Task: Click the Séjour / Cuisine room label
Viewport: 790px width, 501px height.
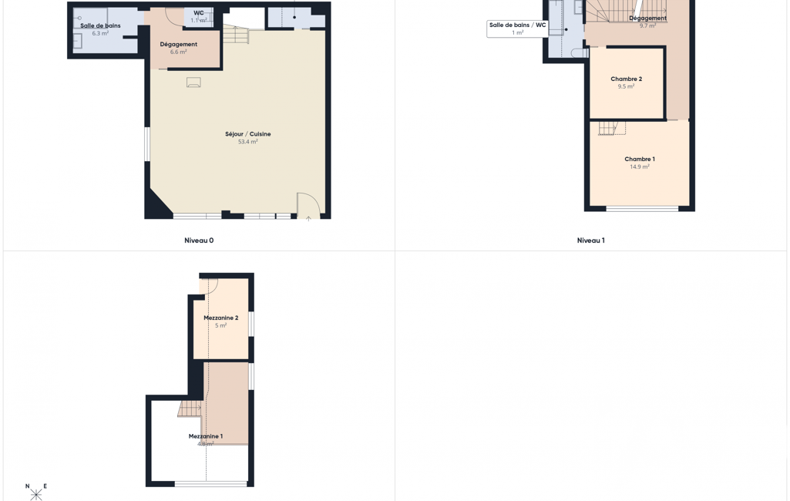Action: pyautogui.click(x=248, y=134)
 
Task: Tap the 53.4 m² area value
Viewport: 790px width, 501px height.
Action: pyautogui.click(x=248, y=142)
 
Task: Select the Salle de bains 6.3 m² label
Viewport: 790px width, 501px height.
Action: pyautogui.click(x=100, y=29)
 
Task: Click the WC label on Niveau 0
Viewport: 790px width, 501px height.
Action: pyautogui.click(x=199, y=13)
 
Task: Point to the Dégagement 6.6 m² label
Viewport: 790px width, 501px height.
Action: pyautogui.click(x=178, y=48)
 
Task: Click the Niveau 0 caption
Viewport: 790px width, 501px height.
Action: pyautogui.click(x=199, y=240)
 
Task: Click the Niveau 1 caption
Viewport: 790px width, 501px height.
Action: pyautogui.click(x=591, y=240)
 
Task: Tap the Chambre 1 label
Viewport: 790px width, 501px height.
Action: pyautogui.click(x=640, y=160)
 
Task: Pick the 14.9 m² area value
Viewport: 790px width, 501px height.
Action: pyautogui.click(x=640, y=166)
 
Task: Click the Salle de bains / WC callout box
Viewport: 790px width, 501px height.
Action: pyautogui.click(x=517, y=29)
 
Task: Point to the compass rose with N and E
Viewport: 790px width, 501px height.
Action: pyautogui.click(x=35, y=492)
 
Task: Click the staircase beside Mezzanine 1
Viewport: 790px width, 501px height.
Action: pyautogui.click(x=190, y=409)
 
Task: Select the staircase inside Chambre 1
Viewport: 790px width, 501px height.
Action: pyautogui.click(x=612, y=129)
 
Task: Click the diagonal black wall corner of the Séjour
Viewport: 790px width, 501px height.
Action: pyautogui.click(x=157, y=203)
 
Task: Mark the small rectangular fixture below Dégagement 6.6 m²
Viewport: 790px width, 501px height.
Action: pyautogui.click(x=193, y=82)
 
